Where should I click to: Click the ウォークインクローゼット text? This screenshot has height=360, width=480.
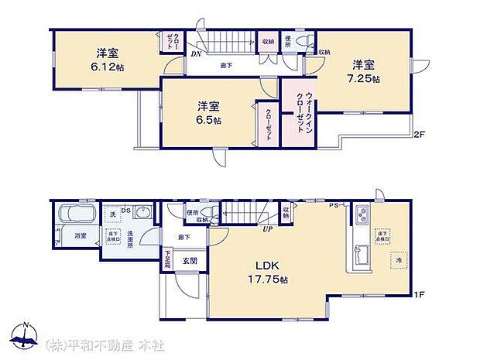pos(299,112)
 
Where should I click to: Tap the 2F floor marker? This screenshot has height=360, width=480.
pos(418,135)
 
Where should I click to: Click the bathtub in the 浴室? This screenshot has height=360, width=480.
pos(75,213)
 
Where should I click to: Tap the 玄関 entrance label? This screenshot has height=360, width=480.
pos(189,261)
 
